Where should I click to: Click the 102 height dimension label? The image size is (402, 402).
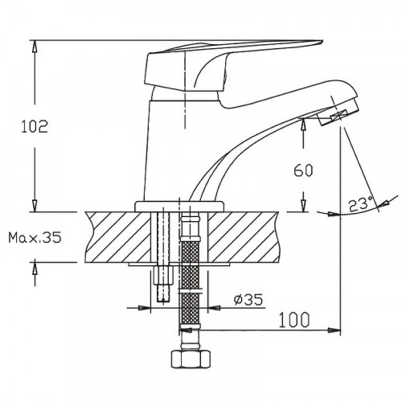pyautogui.click(x=33, y=125)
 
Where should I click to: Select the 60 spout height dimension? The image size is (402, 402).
pyautogui.click(x=302, y=170)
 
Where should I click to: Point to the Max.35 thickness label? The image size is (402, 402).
pyautogui.click(x=33, y=238)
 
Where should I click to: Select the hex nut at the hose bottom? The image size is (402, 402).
pyautogui.click(x=190, y=359)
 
